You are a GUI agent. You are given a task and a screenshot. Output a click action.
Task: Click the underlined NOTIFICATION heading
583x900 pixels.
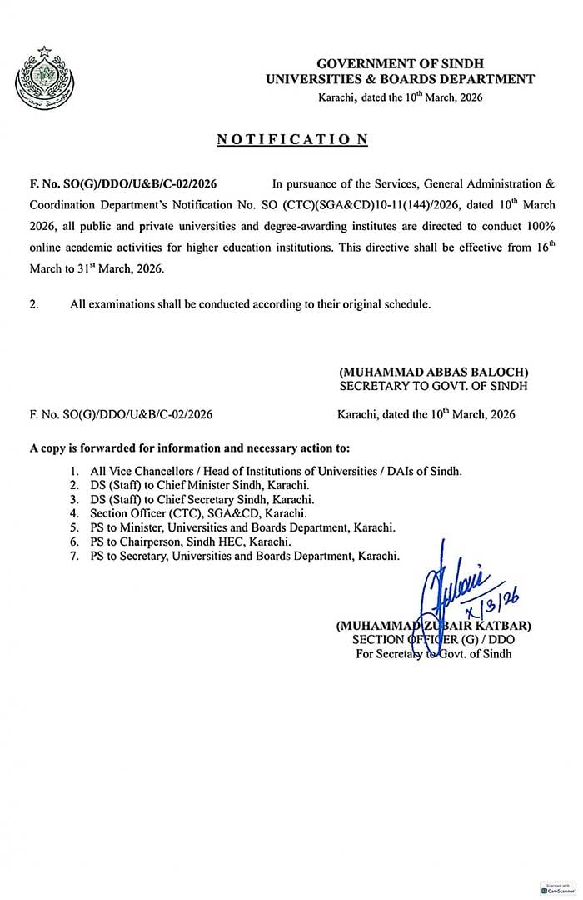292,140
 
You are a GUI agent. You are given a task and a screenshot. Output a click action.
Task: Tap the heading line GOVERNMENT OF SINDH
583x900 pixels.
400,64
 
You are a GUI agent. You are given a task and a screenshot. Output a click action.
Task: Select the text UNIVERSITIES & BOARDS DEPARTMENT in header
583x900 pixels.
400,79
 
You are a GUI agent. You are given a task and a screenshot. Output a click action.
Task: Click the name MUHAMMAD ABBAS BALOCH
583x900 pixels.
433,372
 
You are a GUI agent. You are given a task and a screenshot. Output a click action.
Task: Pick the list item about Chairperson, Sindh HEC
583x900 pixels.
192,541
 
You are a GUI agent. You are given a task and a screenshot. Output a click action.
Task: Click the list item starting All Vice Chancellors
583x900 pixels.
275,471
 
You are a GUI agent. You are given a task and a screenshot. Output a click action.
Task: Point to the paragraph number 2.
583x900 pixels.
34,304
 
